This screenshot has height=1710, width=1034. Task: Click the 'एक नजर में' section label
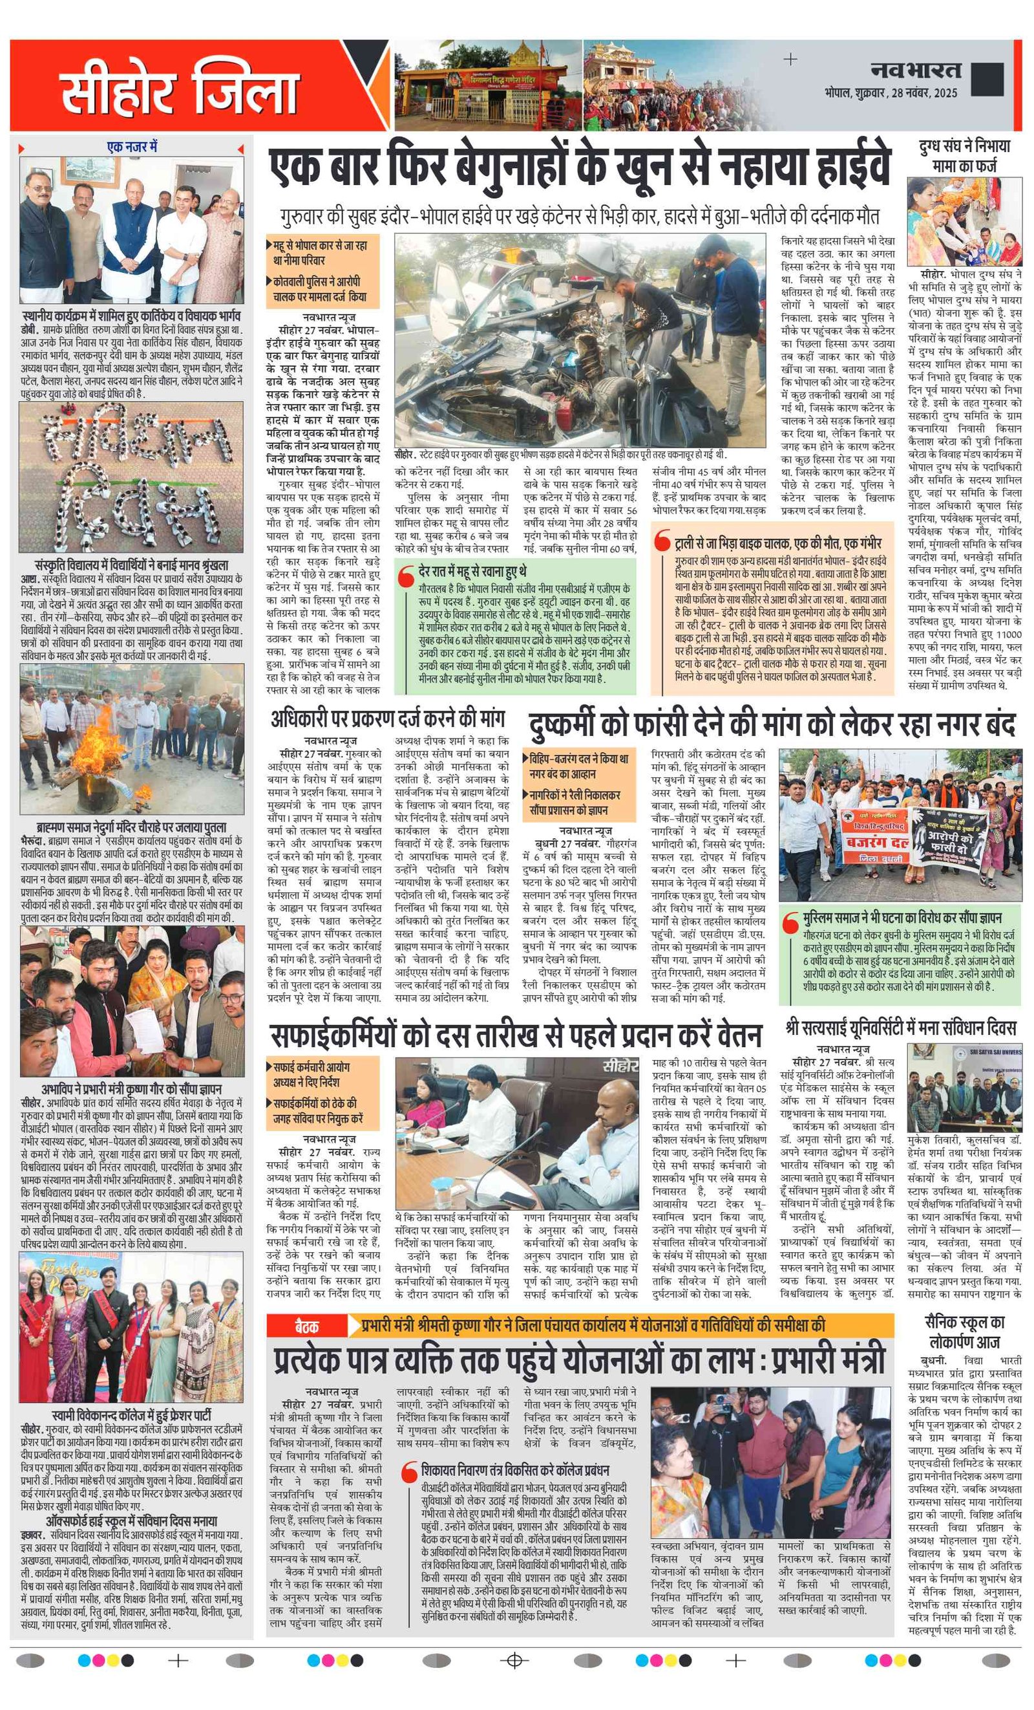coord(132,147)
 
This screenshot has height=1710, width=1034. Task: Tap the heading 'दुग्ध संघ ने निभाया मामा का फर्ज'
coord(964,155)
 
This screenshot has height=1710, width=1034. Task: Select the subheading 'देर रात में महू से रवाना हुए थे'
coord(472,570)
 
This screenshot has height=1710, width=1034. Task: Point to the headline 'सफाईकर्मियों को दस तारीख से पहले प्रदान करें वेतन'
coord(516,1036)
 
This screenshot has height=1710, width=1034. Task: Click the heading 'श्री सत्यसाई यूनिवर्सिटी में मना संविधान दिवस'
coord(901,1028)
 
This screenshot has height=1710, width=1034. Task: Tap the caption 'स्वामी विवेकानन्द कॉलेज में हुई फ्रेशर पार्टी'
coord(131,1414)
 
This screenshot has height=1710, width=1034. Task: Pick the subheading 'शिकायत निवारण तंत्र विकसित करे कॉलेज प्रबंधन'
coord(514,1471)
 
